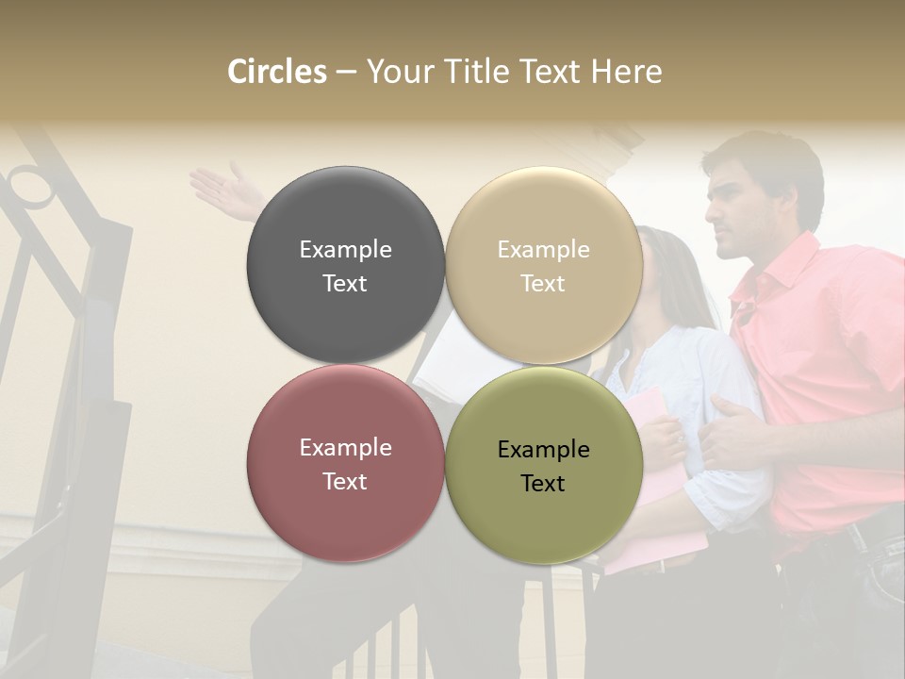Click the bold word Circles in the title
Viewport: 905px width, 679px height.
[277, 72]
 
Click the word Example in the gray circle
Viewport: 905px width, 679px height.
[345, 250]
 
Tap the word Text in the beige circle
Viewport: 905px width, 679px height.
[543, 284]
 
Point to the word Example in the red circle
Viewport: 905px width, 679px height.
[345, 448]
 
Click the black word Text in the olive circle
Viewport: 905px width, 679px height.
[543, 484]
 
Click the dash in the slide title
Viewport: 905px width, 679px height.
[346, 73]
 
